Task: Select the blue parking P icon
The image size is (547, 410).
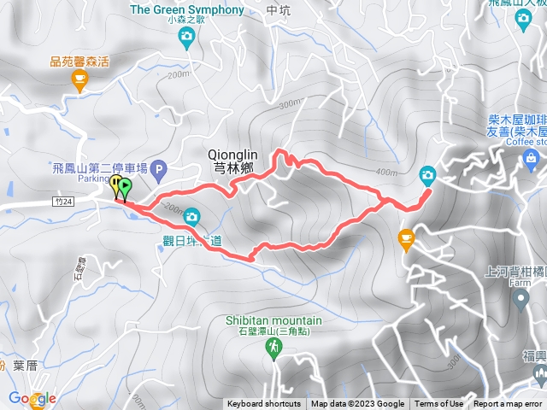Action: pos(160,171)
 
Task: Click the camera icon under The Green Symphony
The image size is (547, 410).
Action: pos(186,35)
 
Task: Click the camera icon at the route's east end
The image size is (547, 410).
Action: pos(427,176)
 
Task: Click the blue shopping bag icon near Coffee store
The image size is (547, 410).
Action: pos(532,157)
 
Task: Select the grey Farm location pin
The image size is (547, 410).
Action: pos(521,299)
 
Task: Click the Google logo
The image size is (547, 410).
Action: pos(32,399)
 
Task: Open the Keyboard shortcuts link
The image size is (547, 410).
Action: pos(264,404)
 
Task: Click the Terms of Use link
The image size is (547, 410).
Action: pos(439,404)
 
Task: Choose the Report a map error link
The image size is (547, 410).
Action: pos(508,404)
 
